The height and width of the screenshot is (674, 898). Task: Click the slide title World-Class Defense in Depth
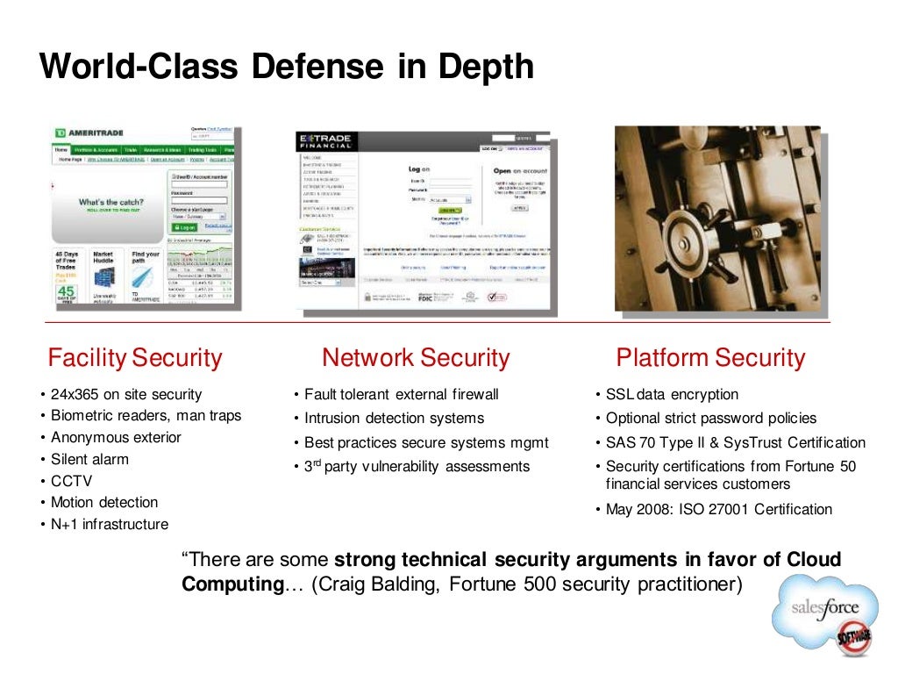(x=286, y=66)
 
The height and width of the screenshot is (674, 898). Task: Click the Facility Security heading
(x=135, y=358)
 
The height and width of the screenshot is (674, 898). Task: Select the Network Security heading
(x=416, y=358)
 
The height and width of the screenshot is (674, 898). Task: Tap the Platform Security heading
(x=710, y=358)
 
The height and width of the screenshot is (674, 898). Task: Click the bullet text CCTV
(x=71, y=481)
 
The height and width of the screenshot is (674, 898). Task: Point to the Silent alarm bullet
(x=89, y=459)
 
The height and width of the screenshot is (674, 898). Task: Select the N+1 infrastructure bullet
(x=109, y=525)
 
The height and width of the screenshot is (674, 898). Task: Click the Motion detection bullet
(x=103, y=503)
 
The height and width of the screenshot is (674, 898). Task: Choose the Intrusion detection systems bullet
(x=394, y=419)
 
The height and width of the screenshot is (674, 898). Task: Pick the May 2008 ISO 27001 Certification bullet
(x=718, y=510)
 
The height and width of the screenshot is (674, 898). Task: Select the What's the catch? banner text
(x=110, y=202)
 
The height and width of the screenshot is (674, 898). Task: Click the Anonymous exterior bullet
(x=116, y=437)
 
